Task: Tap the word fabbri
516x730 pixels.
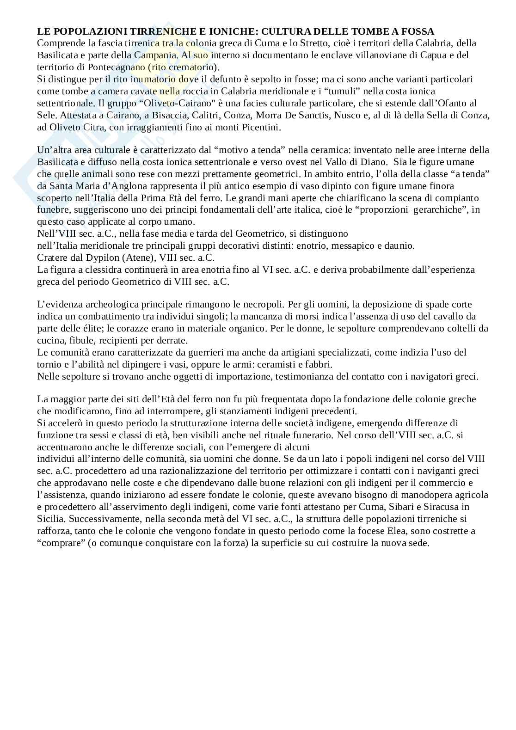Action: [319, 364]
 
